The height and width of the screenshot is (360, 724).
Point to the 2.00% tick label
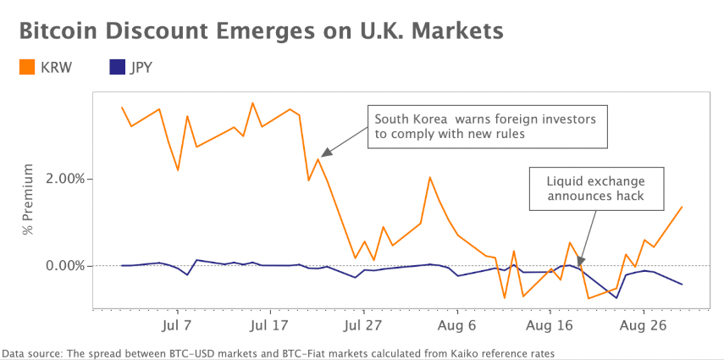60,179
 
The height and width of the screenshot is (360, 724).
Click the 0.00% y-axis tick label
60,266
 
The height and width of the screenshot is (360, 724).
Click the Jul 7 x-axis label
175,325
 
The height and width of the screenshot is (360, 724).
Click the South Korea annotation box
486,125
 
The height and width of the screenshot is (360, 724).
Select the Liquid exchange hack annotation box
595,189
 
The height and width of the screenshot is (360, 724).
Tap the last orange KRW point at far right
682,207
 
